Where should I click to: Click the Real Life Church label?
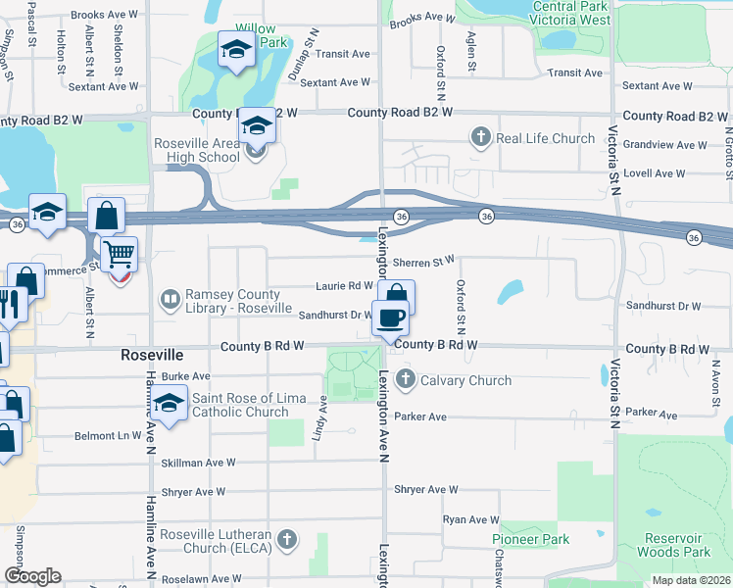pos(545,138)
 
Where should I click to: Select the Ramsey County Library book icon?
pos(171,298)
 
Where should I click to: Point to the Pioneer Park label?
pos(530,540)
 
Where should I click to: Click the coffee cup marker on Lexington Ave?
pos(392,318)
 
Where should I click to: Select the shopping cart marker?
pos(119,255)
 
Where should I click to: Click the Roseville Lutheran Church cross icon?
pos(286,539)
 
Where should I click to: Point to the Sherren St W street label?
pos(423,262)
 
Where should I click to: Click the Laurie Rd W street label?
pos(344,286)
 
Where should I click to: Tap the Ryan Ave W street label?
pos(471,519)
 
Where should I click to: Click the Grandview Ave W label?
pos(665,145)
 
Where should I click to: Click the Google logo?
pos(32,576)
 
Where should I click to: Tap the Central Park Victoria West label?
pos(570,13)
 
